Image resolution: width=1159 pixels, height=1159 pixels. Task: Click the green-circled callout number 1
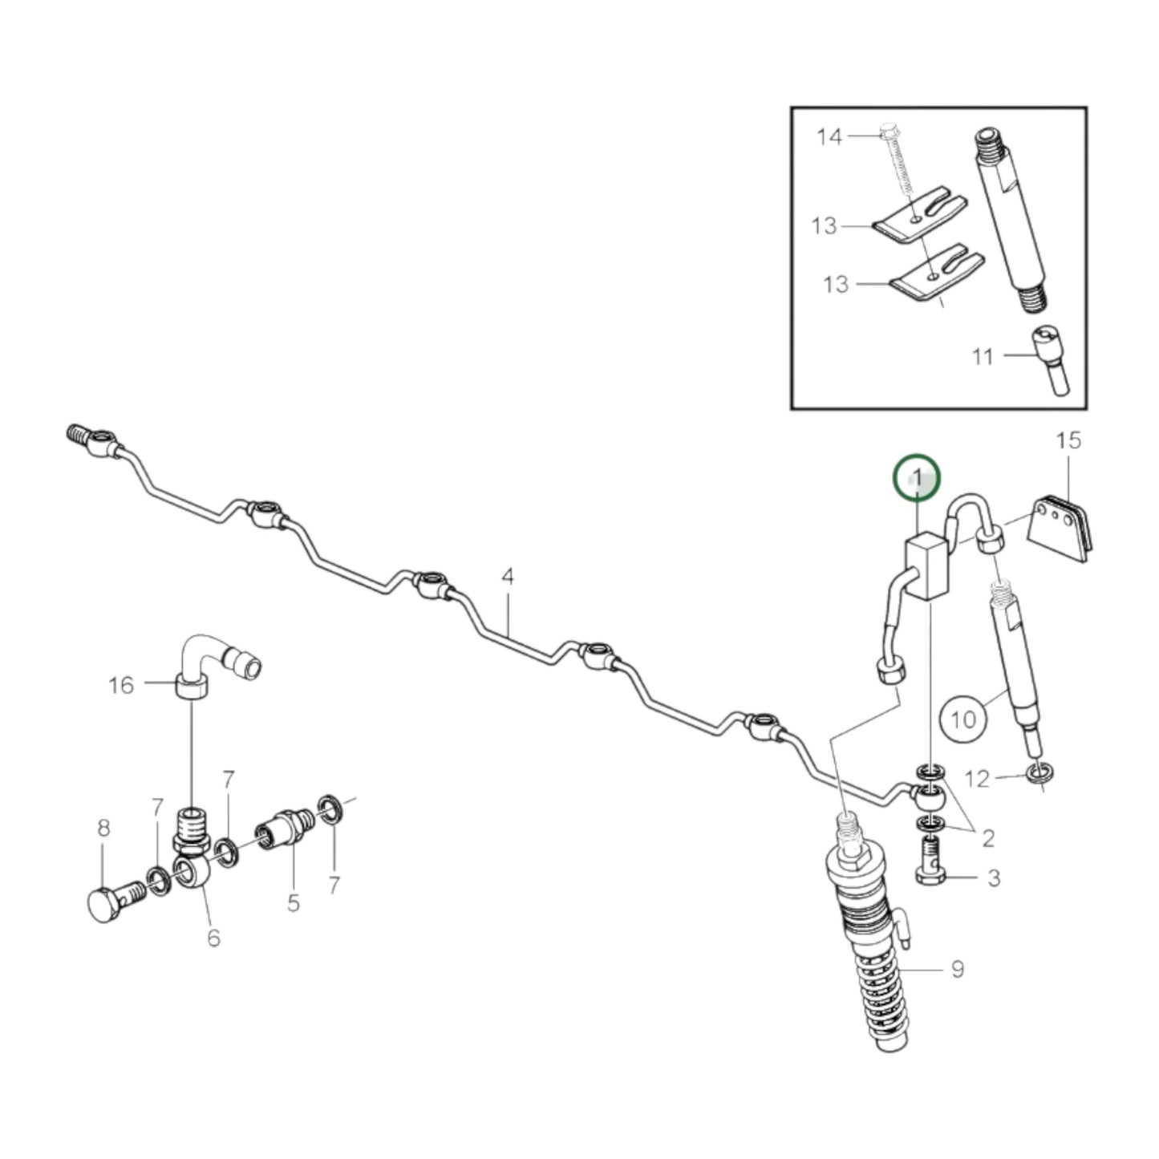[917, 479]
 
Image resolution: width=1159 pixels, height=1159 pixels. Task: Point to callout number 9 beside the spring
[957, 970]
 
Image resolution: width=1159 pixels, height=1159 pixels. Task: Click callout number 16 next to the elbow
[121, 685]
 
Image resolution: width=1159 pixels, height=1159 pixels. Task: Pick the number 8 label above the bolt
[103, 829]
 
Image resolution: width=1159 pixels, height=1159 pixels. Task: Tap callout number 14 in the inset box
[829, 137]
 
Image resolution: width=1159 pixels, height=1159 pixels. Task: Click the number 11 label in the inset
[982, 356]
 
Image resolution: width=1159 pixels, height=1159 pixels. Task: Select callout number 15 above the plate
[1068, 440]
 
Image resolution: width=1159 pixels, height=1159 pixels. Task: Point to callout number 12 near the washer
[978, 777]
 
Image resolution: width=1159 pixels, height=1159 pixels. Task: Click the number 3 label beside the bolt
[994, 877]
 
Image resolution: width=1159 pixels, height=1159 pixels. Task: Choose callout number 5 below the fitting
[294, 903]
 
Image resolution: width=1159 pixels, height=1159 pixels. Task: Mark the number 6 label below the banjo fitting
[213, 937]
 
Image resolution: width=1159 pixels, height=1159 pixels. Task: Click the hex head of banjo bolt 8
[99, 905]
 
